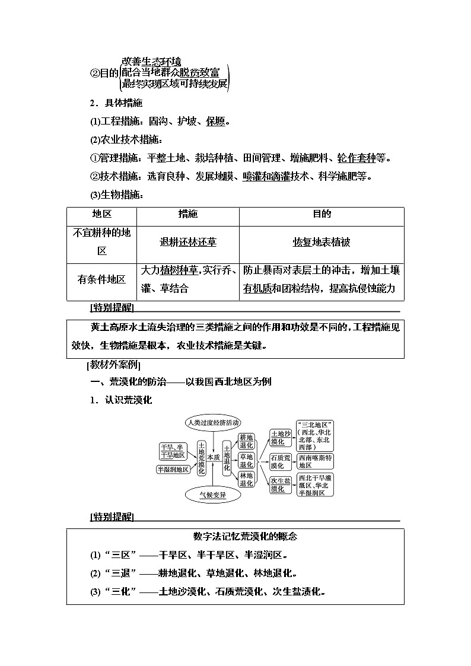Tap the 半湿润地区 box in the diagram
(173, 469)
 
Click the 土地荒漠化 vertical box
(202, 458)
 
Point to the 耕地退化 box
(246, 441)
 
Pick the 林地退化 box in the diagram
(246, 479)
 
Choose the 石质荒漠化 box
(281, 461)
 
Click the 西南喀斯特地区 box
(316, 461)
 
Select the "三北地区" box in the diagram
(316, 436)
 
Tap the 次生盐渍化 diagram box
(281, 484)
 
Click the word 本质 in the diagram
(214, 457)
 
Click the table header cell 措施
(188, 215)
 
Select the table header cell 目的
(322, 215)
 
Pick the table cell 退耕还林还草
(188, 242)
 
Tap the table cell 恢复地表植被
(322, 242)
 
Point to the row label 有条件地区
(101, 279)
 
